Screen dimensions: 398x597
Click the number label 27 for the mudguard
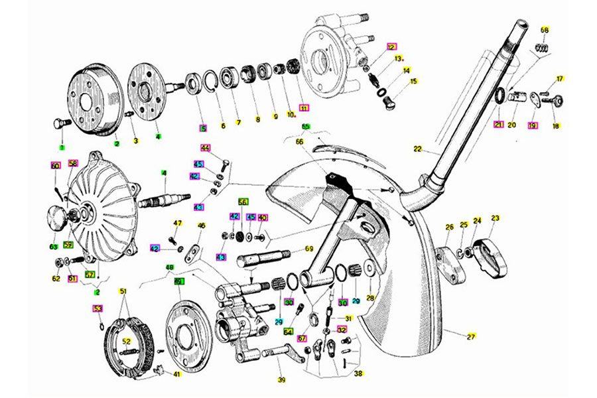pos(472,336)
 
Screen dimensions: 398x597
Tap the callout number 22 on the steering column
pos(418,149)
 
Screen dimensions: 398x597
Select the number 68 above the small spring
pos(545,30)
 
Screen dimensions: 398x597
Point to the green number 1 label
pos(62,147)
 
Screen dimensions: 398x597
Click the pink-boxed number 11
pos(304,107)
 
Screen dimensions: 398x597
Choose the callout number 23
pos(495,218)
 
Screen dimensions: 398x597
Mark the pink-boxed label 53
pos(98,308)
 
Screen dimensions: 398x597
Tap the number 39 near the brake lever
pos(281,380)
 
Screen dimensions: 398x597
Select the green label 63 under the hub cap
pos(53,247)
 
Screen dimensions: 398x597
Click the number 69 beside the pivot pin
pos(308,249)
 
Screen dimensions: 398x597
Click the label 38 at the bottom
pos(358,373)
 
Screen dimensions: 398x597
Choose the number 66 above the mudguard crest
pos(299,141)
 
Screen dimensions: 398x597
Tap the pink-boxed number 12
pos(391,47)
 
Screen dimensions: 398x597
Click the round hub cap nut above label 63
pos(56,218)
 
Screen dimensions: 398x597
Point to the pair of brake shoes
pos(129,346)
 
